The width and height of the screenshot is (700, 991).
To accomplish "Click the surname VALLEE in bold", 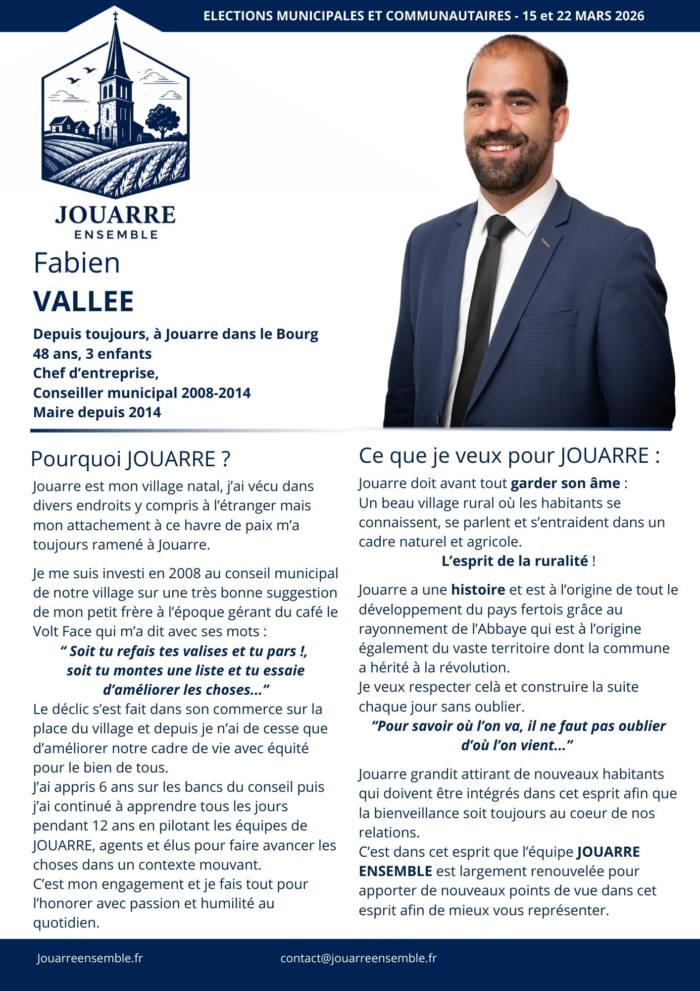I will (x=84, y=301).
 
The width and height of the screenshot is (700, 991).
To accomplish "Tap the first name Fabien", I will (x=77, y=263).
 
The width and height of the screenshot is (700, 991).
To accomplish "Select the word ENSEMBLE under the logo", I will (x=116, y=234).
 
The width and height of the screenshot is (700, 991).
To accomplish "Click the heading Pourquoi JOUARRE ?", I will (x=131, y=459).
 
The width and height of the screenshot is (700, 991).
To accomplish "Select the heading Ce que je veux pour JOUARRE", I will (x=509, y=456).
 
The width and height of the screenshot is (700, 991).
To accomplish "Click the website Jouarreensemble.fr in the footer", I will (x=90, y=958).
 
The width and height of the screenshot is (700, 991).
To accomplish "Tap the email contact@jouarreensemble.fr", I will (x=358, y=958).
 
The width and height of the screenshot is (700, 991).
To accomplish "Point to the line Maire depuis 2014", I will (x=97, y=412).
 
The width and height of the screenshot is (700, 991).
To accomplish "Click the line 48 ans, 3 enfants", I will (x=92, y=354).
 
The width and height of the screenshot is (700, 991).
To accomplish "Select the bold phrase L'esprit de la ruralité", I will (x=514, y=561).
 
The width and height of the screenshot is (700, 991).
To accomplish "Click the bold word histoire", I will (x=478, y=590).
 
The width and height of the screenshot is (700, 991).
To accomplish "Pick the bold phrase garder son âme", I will (x=565, y=483).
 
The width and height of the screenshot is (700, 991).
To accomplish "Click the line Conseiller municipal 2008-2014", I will (x=142, y=393).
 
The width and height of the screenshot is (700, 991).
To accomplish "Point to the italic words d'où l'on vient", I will (x=517, y=745).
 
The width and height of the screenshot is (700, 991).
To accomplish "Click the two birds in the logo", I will (x=82, y=75).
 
